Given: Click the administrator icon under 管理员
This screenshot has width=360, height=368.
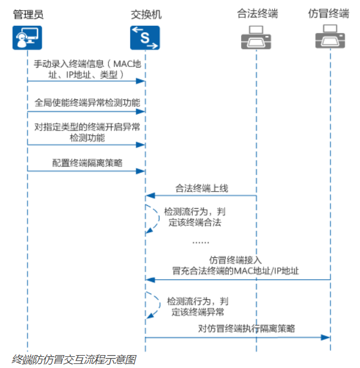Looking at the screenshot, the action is (27, 38).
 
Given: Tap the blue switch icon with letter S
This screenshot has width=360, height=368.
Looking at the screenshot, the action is (145, 38).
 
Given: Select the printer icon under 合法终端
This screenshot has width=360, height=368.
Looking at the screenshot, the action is (256, 37).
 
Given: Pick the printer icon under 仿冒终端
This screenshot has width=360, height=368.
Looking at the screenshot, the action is (330, 36).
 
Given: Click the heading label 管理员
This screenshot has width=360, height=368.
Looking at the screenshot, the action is (28, 14).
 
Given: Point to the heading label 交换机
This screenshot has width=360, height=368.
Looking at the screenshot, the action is (146, 15).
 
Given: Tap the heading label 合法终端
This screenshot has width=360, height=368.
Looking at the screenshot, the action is (258, 13).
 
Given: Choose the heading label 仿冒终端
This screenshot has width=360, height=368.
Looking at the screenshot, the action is (328, 13).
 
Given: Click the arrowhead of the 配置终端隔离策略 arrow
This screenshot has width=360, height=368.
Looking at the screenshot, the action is (141, 171).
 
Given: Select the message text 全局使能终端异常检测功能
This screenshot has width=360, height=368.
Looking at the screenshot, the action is (88, 102).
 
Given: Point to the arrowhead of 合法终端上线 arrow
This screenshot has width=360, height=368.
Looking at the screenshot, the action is (150, 195).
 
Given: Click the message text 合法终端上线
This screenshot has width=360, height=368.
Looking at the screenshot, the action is (202, 188).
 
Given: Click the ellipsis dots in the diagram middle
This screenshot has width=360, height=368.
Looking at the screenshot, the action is (201, 242).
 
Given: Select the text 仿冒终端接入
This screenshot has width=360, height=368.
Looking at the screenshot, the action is (235, 260).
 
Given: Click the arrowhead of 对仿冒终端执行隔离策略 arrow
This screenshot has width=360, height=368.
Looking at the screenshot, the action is (325, 337).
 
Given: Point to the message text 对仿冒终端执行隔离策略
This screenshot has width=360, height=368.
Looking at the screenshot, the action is (246, 329).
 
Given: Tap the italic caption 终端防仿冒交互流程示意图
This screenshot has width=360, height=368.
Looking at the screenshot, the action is (74, 360).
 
